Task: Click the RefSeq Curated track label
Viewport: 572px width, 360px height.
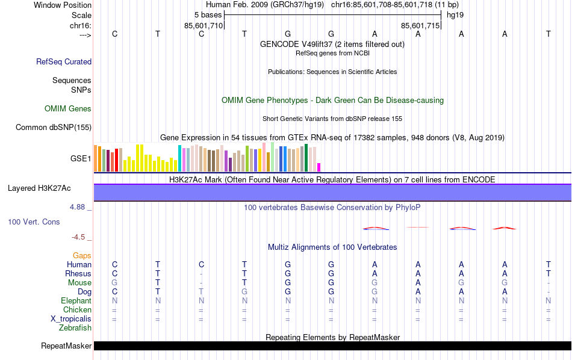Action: tap(64, 61)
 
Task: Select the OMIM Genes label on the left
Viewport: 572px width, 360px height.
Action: tap(68, 109)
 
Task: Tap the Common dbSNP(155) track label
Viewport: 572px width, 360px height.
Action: tap(54, 127)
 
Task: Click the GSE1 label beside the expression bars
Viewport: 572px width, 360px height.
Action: tap(81, 159)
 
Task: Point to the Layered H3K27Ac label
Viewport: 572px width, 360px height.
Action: tap(39, 188)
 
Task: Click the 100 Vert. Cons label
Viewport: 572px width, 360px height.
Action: tap(34, 222)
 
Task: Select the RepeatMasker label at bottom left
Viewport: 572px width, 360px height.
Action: tap(66, 346)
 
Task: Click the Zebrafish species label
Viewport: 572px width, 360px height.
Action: tap(75, 328)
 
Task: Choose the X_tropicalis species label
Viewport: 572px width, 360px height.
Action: tap(70, 319)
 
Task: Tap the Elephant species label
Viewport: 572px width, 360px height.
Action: tap(76, 301)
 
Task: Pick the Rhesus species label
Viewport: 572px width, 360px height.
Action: tap(78, 274)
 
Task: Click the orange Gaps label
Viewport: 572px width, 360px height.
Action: tap(82, 256)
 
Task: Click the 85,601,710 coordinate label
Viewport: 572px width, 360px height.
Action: tap(204, 26)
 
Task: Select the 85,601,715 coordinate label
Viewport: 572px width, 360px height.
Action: tap(420, 26)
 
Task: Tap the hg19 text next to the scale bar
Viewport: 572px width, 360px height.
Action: tap(455, 14)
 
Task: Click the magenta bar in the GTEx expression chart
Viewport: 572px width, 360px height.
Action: tap(319, 167)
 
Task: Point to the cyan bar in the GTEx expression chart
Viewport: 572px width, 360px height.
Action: tap(179, 158)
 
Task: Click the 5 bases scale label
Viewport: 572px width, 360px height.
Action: tap(207, 14)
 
